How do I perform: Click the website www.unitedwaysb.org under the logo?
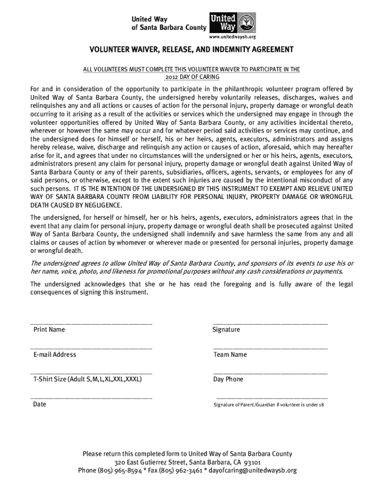pos(232,37)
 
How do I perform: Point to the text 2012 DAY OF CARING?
pos(190,77)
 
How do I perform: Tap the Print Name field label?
pos(49,330)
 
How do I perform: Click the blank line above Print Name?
pos(91,324)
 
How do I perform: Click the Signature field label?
pos(226,330)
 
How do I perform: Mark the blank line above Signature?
pos(270,324)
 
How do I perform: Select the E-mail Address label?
pos(55,355)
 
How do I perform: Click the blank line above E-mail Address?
pos(91,348)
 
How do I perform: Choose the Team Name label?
pos(230,355)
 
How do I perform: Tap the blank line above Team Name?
pos(270,348)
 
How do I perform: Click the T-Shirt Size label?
pos(88,379)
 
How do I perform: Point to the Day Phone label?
pos(228,379)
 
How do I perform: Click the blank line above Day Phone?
pos(270,373)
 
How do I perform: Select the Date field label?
pos(39,404)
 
